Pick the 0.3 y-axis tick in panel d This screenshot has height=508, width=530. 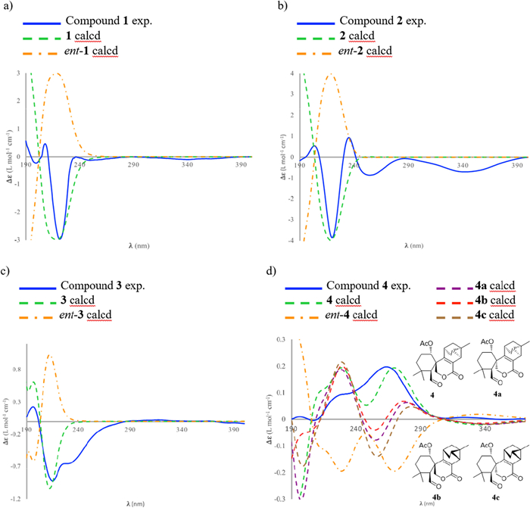coord(282,340)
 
